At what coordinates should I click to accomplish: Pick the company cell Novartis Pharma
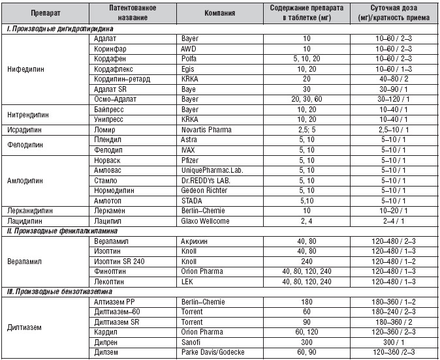click(208, 130)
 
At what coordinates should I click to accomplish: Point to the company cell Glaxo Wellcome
click(206, 221)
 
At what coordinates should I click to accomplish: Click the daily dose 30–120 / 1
click(399, 98)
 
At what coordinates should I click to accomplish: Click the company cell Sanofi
click(192, 341)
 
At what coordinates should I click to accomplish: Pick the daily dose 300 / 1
click(399, 341)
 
